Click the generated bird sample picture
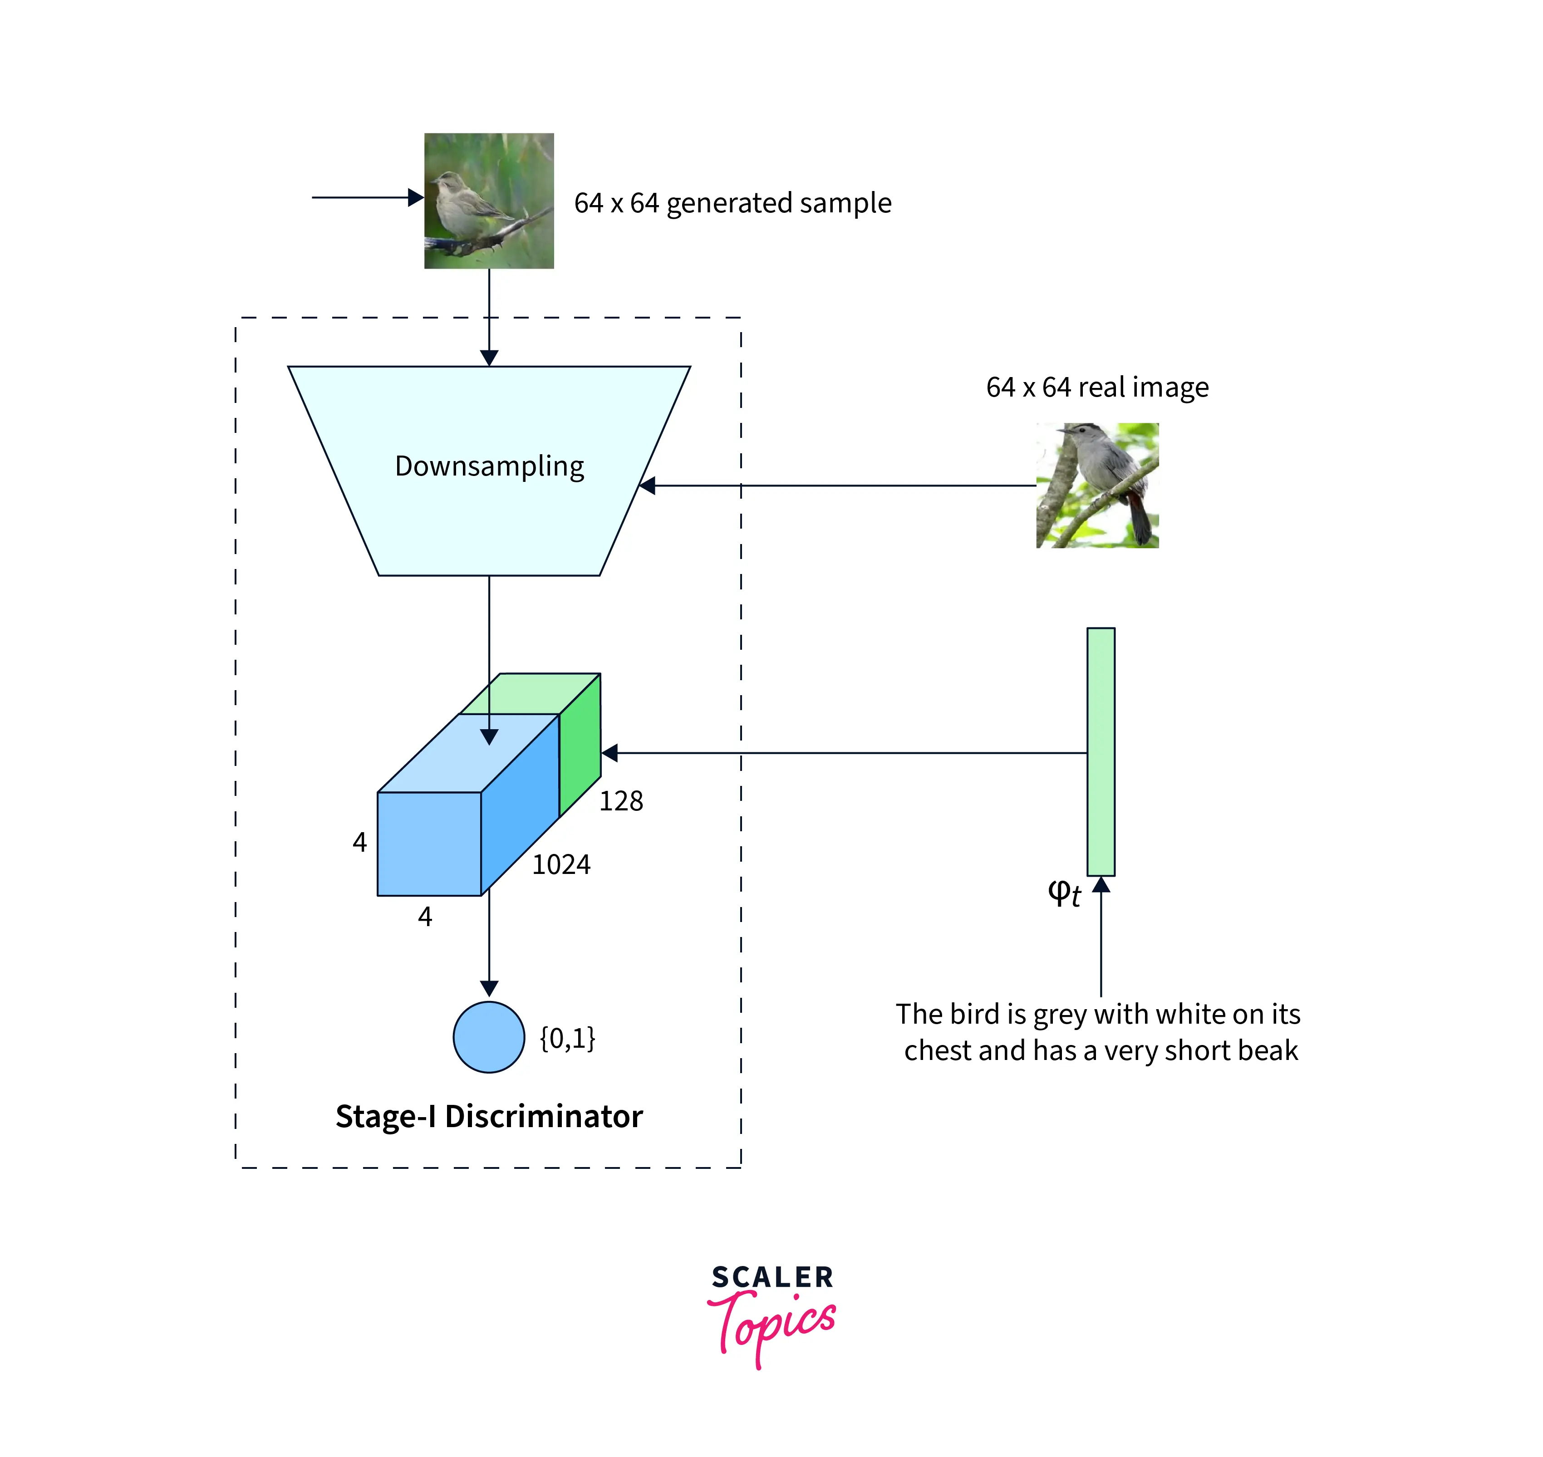point(489,201)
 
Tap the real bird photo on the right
point(1096,486)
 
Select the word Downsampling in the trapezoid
point(489,466)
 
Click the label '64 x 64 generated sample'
point(732,203)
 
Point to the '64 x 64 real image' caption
point(1096,387)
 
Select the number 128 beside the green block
point(621,801)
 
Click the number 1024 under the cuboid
point(561,864)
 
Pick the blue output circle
point(489,1037)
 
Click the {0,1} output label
point(567,1038)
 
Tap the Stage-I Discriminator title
point(489,1116)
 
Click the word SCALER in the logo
point(772,1277)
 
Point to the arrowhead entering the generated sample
point(416,197)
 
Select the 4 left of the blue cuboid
point(359,842)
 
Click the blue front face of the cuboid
point(429,844)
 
